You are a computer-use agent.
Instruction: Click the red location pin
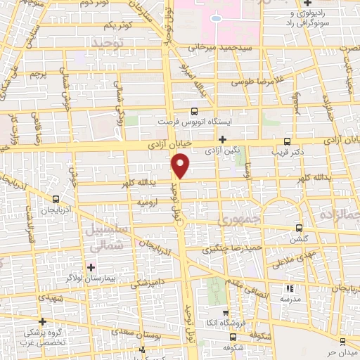tap(181, 165)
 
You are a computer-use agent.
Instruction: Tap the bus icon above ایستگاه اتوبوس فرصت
tap(195, 111)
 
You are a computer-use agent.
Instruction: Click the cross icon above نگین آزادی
tap(223, 140)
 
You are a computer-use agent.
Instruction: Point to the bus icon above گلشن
tap(299, 228)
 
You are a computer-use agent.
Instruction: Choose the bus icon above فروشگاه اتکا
tap(225, 314)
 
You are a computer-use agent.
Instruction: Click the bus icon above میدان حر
tap(342, 342)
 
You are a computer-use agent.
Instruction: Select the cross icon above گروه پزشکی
tap(42, 321)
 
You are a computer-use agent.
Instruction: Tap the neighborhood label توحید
tap(108, 44)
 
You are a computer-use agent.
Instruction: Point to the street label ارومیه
tap(147, 202)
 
